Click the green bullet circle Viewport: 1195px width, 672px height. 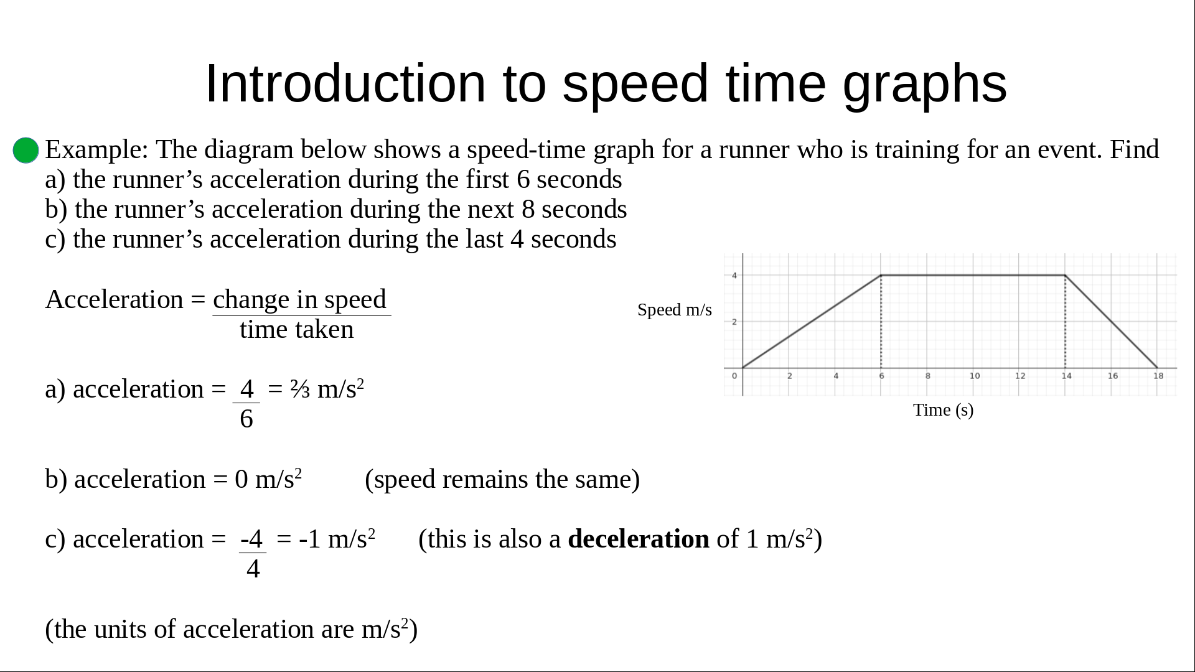[x=26, y=151]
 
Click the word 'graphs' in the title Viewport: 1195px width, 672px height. [x=925, y=84]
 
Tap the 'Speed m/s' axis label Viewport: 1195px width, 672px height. [x=675, y=310]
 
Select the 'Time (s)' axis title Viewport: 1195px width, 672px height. [x=943, y=410]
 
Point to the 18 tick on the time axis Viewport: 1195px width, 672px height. [x=1158, y=376]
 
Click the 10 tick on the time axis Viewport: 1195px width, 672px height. [x=975, y=376]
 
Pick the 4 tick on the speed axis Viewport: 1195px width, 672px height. [x=734, y=276]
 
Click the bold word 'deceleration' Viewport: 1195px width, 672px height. [x=639, y=539]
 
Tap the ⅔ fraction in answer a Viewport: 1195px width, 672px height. [x=300, y=390]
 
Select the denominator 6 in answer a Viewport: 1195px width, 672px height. [x=246, y=419]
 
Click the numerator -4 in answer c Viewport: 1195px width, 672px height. [x=251, y=539]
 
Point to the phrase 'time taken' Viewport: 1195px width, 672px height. [x=296, y=330]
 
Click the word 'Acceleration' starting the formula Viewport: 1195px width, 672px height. [x=115, y=300]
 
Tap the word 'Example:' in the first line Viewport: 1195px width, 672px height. [x=97, y=150]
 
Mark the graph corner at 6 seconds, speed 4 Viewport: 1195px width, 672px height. [x=881, y=275]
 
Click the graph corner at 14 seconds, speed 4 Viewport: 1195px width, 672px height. [x=1066, y=275]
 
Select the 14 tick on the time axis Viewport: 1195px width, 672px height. [x=1067, y=376]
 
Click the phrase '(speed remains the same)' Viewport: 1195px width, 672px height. [x=502, y=480]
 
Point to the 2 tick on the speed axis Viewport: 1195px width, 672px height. [x=734, y=322]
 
